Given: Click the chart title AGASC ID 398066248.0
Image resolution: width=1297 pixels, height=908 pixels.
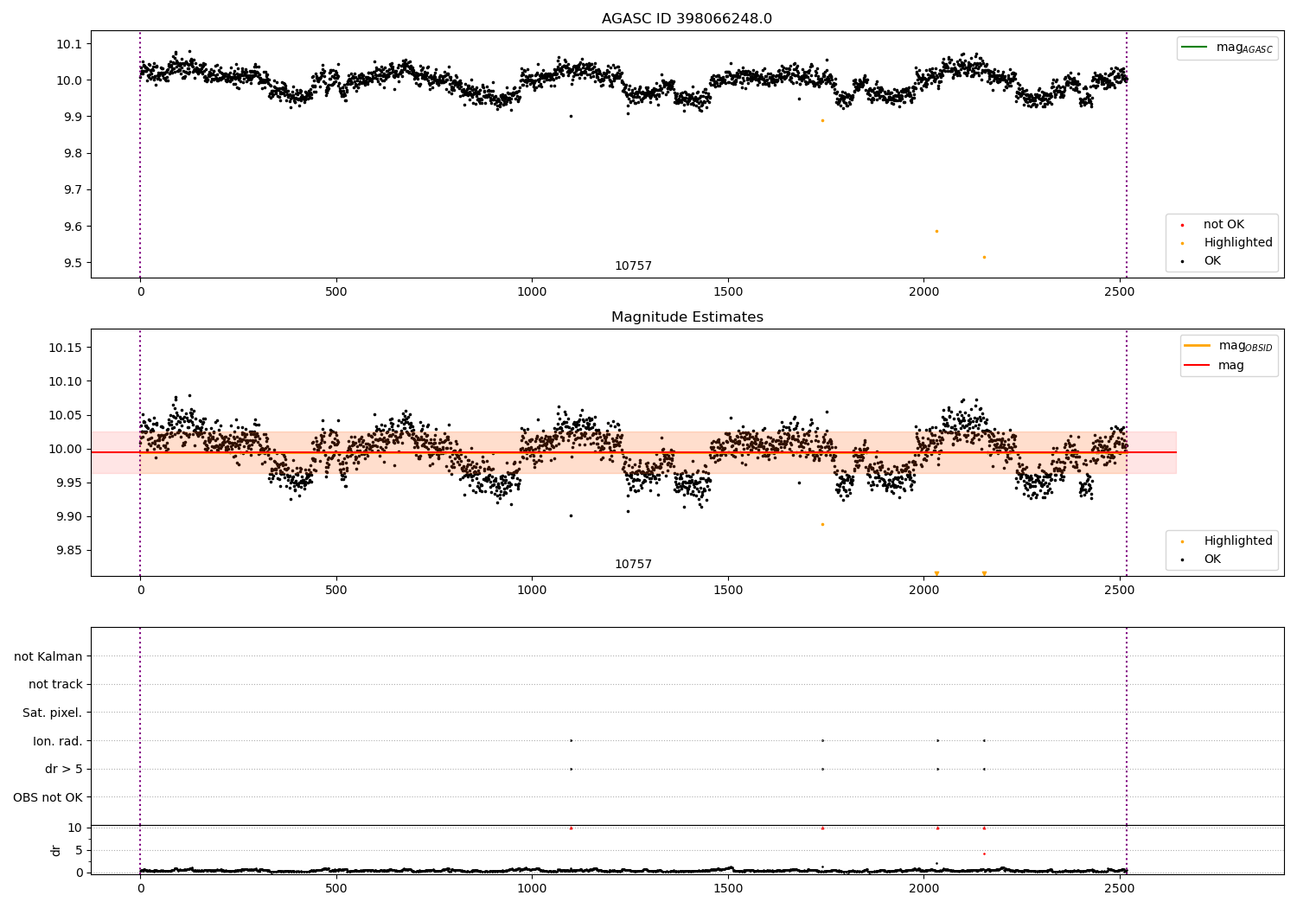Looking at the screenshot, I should tap(687, 19).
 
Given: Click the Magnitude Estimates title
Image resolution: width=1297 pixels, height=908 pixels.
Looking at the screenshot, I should tap(687, 317).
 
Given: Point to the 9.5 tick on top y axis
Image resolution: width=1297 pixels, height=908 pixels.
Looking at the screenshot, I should tap(68, 263).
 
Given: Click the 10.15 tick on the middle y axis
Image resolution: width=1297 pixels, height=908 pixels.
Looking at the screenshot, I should tap(65, 348).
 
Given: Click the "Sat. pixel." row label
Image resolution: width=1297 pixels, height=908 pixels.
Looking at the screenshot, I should tap(52, 713).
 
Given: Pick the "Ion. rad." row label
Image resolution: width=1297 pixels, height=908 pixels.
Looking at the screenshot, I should tap(57, 741).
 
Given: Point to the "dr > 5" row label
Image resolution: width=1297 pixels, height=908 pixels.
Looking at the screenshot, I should tap(63, 769).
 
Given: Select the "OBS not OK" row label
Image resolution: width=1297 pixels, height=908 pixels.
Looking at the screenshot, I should tap(48, 797).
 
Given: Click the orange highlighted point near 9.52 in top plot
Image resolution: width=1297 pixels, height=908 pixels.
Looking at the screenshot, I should tap(984, 257).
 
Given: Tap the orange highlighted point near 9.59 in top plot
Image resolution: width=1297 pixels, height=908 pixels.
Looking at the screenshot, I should tap(936, 231).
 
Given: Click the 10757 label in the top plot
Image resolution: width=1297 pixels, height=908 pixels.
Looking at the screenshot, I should tap(633, 266).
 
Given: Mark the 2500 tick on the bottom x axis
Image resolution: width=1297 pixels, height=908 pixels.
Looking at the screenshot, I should tap(1120, 887).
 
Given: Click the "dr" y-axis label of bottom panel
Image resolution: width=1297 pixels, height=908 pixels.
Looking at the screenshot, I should tap(56, 850).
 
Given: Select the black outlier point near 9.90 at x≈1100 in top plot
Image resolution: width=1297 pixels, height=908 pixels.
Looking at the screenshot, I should tap(571, 116).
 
